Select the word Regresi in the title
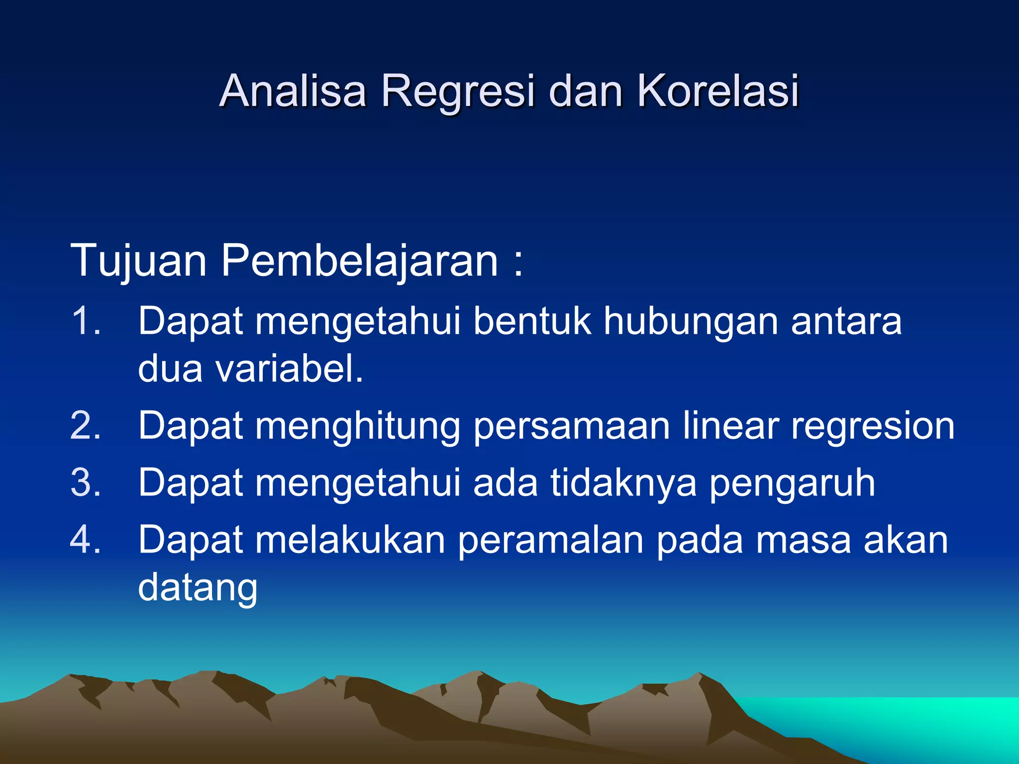click(x=457, y=91)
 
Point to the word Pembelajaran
click(x=359, y=261)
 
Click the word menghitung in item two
click(x=358, y=427)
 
